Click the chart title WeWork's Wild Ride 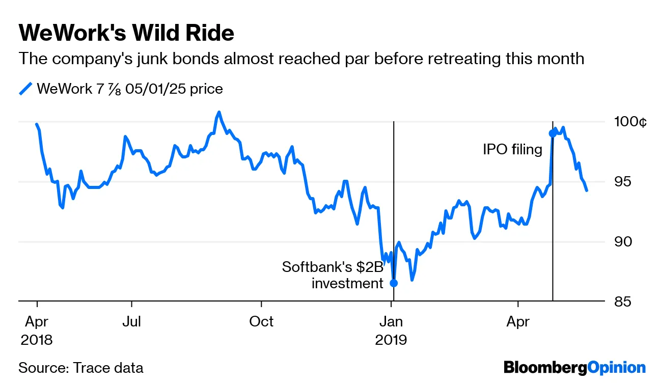click(x=126, y=33)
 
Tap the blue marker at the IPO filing click(x=553, y=133)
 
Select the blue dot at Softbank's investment click(x=394, y=283)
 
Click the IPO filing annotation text click(x=512, y=150)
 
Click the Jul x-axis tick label click(x=132, y=321)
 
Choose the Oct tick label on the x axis click(x=261, y=321)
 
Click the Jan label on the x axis click(x=391, y=321)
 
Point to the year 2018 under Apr click(x=37, y=339)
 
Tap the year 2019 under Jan click(x=391, y=339)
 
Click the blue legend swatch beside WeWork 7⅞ click(x=25, y=89)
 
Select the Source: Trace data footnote click(x=80, y=368)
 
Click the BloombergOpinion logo click(x=574, y=367)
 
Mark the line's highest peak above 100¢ click(x=219, y=112)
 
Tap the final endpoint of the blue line click(x=587, y=190)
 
